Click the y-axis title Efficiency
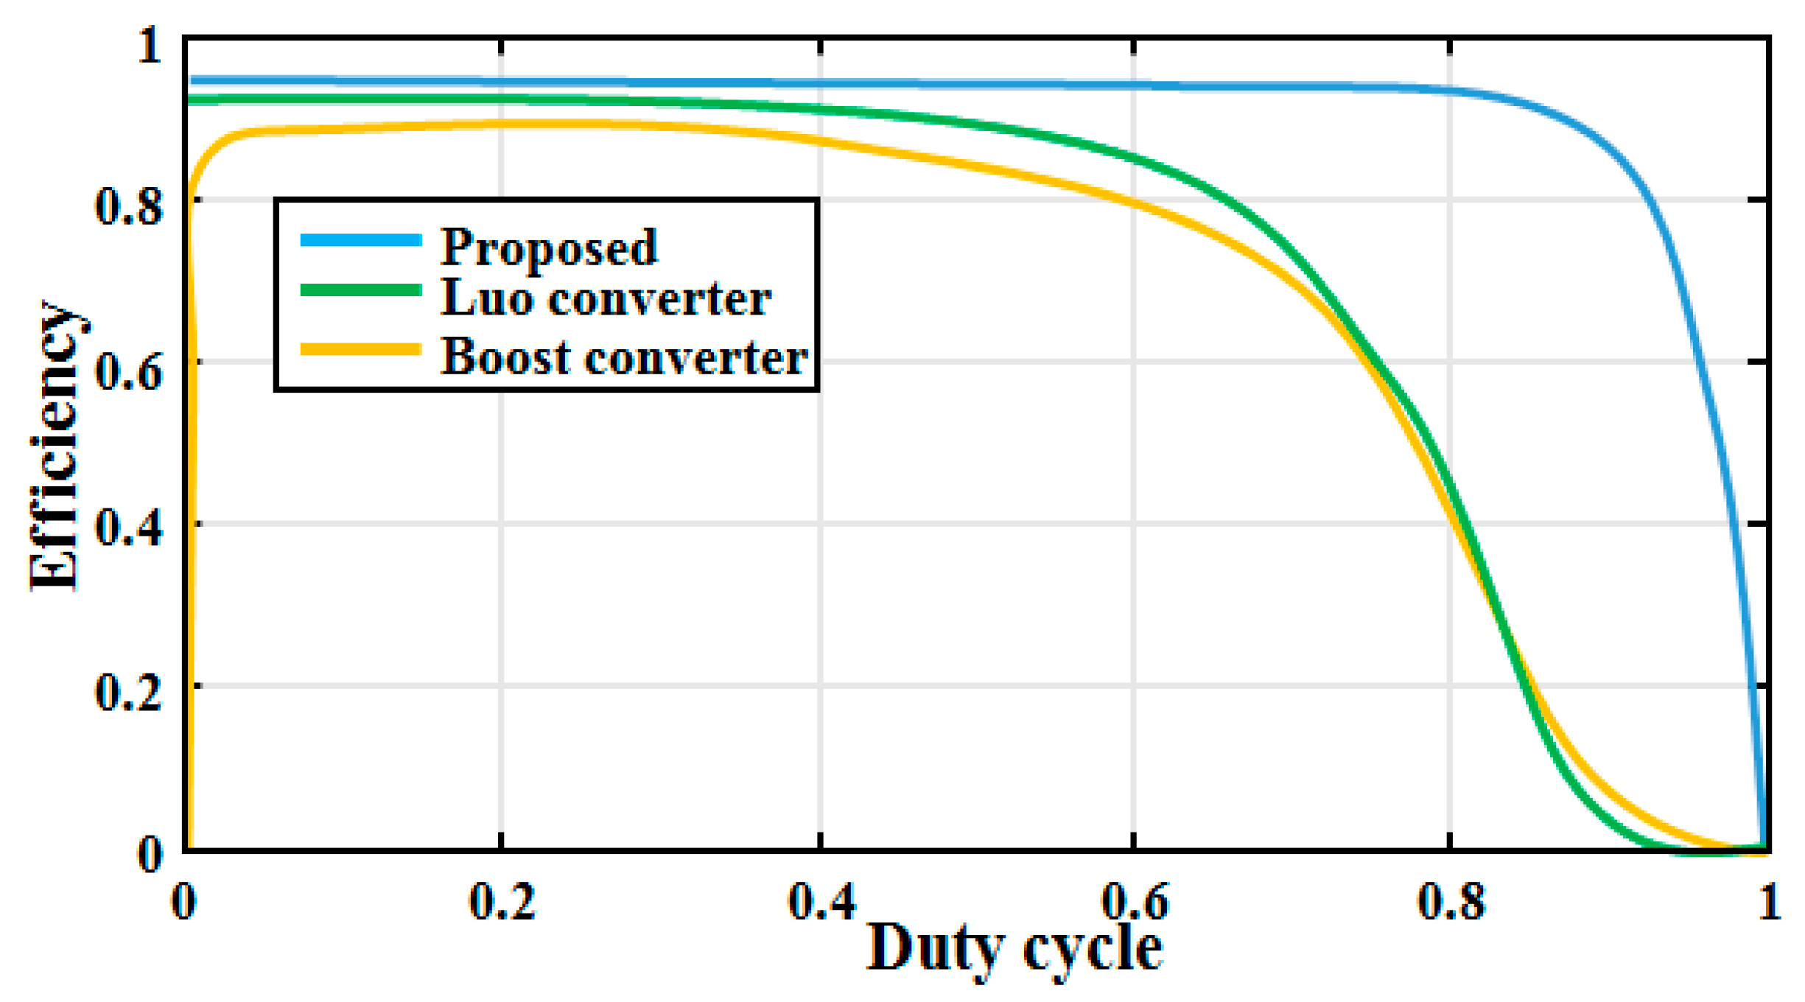pos(55,446)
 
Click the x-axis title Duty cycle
pos(1014,949)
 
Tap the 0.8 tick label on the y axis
pos(128,206)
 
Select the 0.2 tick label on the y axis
pos(128,693)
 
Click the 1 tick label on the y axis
pos(150,46)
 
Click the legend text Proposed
pos(548,247)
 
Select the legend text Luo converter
pos(606,298)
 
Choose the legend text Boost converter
pos(624,357)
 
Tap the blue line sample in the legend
pos(361,239)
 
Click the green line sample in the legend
pos(361,290)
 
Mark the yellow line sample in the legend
pos(361,349)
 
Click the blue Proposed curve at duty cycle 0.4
pos(821,84)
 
